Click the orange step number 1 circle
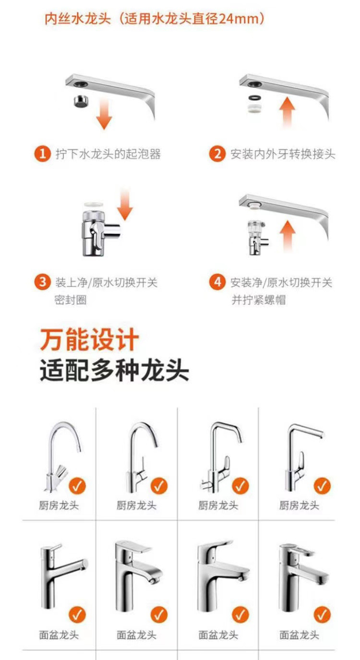click(43, 154)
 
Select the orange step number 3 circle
click(43, 282)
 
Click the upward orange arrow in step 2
click(287, 111)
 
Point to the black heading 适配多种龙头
click(114, 371)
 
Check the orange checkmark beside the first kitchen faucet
click(77, 486)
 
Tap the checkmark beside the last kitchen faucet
click(322, 486)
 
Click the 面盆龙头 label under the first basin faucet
click(59, 635)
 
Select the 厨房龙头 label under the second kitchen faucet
click(137, 505)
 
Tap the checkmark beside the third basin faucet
click(240, 614)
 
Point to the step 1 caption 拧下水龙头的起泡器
click(108, 154)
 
